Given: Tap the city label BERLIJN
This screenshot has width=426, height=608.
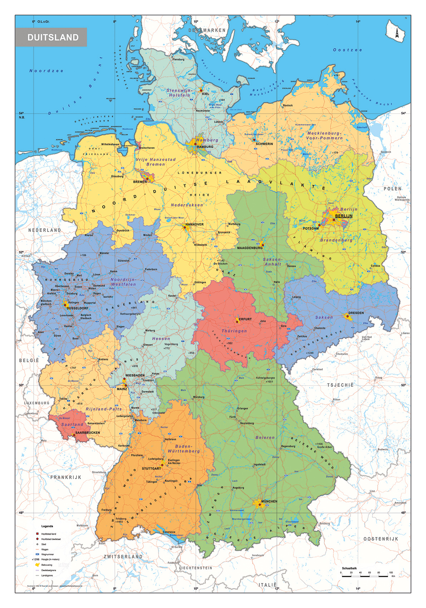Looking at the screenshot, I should pyautogui.click(x=343, y=216).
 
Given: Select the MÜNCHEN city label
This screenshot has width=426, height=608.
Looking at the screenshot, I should pyautogui.click(x=269, y=501).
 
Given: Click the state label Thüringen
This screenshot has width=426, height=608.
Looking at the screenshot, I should pyautogui.click(x=234, y=331).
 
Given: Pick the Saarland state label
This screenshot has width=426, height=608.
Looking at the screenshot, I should pyautogui.click(x=72, y=424).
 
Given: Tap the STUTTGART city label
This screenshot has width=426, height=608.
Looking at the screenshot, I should pyautogui.click(x=151, y=468).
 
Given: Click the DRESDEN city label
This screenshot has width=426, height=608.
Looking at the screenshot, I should pyautogui.click(x=356, y=313).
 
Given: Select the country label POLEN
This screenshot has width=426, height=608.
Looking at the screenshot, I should pyautogui.click(x=392, y=189).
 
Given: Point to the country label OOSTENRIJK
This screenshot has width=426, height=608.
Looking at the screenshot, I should pyautogui.click(x=381, y=539).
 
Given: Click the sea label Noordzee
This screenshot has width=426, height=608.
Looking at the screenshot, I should pyautogui.click(x=46, y=71).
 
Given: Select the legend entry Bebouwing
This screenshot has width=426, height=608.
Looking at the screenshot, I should pyautogui.click(x=46, y=565).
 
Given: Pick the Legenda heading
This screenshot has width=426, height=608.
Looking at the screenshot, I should pyautogui.click(x=47, y=526).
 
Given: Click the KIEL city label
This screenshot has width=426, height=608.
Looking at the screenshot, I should pyautogui.click(x=205, y=94).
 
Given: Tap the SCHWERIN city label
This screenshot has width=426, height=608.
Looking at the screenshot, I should pyautogui.click(x=264, y=144).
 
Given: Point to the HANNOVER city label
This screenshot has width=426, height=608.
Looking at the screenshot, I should pyautogui.click(x=194, y=224).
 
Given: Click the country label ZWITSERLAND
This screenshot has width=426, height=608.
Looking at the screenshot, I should pyautogui.click(x=123, y=557).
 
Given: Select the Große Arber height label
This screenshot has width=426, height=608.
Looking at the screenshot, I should pyautogui.click(x=324, y=447).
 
